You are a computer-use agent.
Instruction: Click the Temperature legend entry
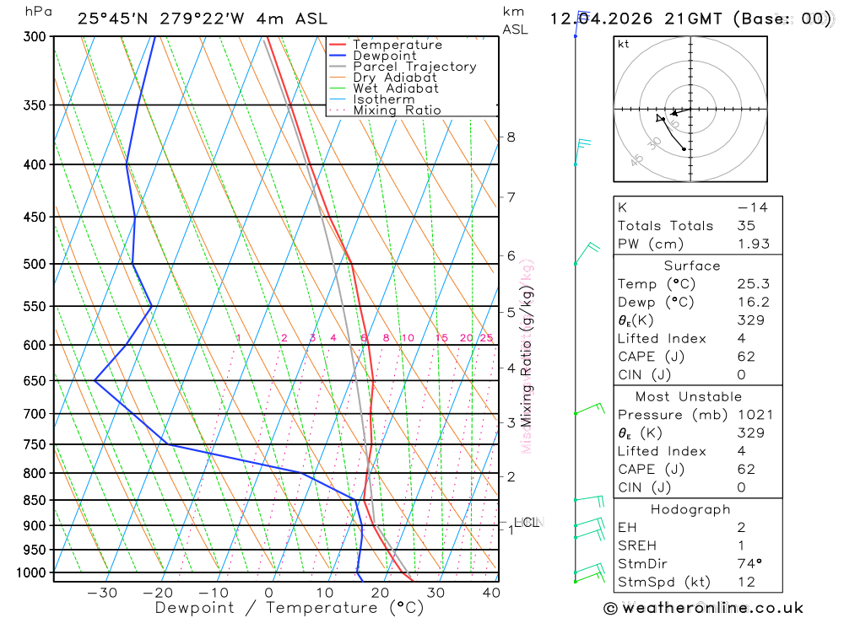tap(397, 45)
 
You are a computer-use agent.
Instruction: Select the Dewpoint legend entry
tap(384, 56)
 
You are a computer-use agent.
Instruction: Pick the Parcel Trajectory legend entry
tap(414, 67)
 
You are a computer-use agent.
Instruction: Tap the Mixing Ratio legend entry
tap(397, 110)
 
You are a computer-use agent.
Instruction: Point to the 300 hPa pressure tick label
tap(35, 37)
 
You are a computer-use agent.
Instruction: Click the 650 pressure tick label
tap(35, 381)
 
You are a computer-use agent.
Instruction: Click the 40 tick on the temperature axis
tap(490, 593)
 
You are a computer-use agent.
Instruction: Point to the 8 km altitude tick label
tap(511, 137)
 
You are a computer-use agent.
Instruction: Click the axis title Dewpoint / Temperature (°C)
tap(289, 608)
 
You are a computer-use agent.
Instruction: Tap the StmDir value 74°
tap(749, 564)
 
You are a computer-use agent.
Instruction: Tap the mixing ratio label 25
tap(486, 338)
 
